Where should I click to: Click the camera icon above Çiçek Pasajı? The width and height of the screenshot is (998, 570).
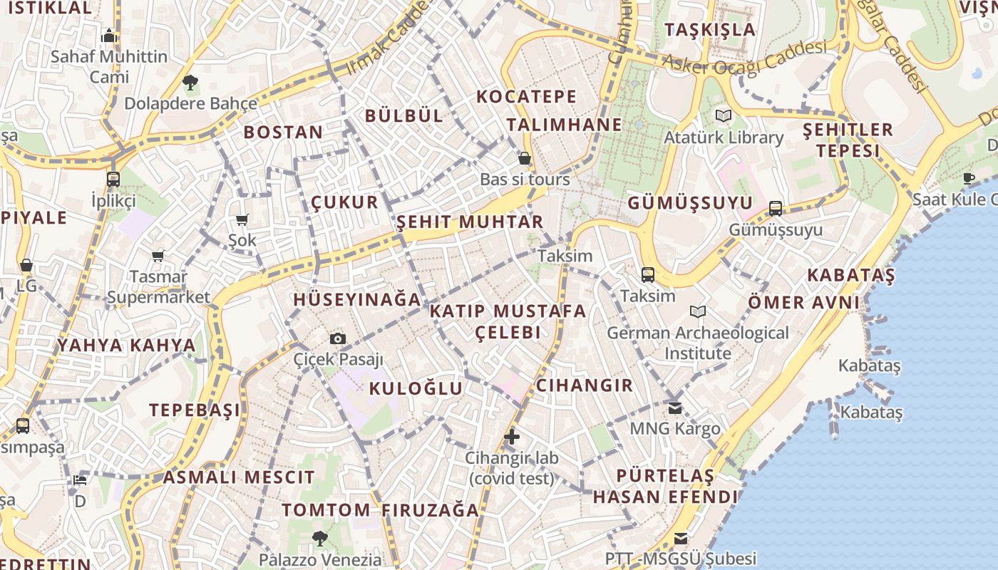coord(338,338)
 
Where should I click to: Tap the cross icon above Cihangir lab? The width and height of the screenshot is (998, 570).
coord(512,436)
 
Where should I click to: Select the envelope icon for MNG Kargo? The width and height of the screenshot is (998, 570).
coord(674,408)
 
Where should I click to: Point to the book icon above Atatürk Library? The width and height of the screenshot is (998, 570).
coord(724,115)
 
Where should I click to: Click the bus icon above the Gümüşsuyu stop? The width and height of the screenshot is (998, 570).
coord(775,209)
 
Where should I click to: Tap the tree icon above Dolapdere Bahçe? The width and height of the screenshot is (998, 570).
coord(190,83)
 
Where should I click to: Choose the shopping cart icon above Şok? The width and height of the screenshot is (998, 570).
coord(242,219)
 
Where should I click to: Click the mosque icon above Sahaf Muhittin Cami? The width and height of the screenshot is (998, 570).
coord(108,35)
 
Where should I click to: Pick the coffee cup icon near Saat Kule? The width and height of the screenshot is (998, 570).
coord(968,178)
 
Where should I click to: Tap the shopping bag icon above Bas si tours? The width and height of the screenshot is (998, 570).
coord(525,158)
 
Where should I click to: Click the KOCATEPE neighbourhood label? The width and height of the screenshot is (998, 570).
coord(526,96)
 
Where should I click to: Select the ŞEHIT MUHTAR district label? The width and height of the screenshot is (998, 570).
coord(470,222)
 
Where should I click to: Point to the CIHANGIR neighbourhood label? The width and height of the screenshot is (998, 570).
coord(585,385)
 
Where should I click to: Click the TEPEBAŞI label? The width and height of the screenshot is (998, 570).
coord(195,410)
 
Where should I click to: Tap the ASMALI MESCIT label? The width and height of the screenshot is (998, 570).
coord(239,477)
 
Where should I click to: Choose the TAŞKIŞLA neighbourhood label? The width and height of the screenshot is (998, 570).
coord(710,29)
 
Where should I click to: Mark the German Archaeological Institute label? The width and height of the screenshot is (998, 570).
coord(698,343)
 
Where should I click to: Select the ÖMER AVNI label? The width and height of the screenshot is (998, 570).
coord(804,302)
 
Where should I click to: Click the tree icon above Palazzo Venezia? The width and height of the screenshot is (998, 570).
coord(320,539)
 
